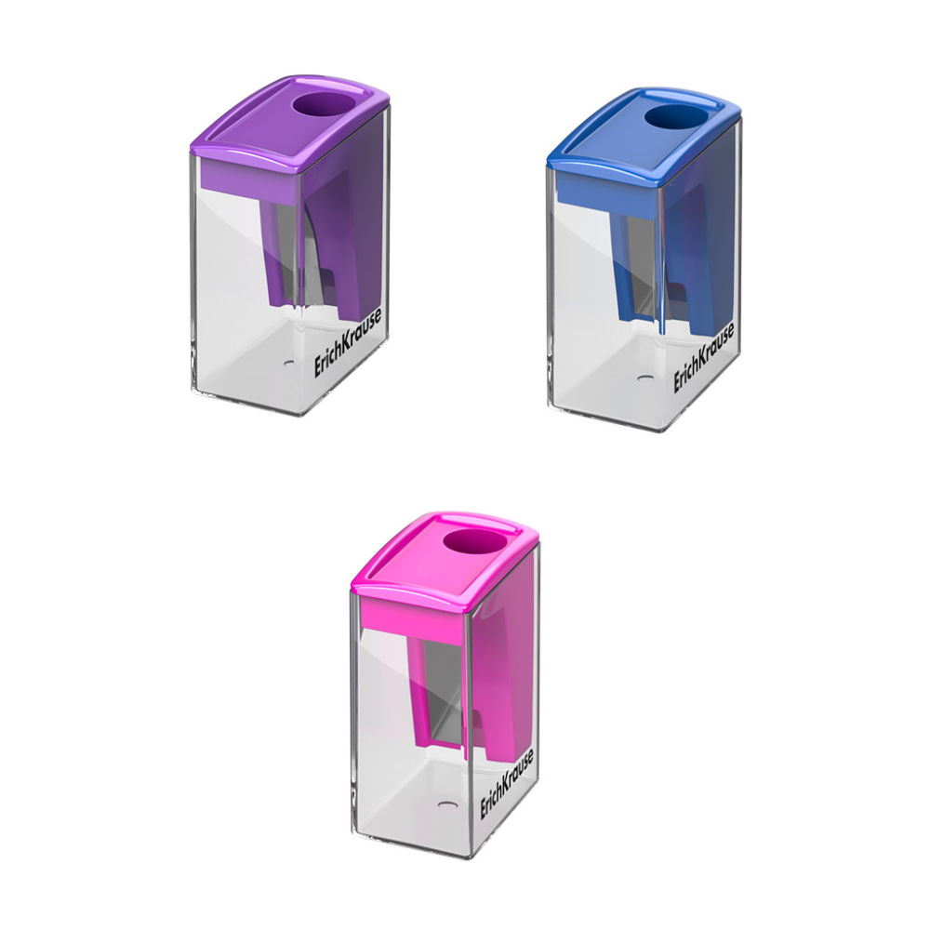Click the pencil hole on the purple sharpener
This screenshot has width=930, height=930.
click(319, 106)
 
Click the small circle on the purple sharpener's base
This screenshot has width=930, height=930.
click(286, 365)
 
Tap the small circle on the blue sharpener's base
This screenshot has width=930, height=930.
click(644, 379)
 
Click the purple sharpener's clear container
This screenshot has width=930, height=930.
click(232, 307)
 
